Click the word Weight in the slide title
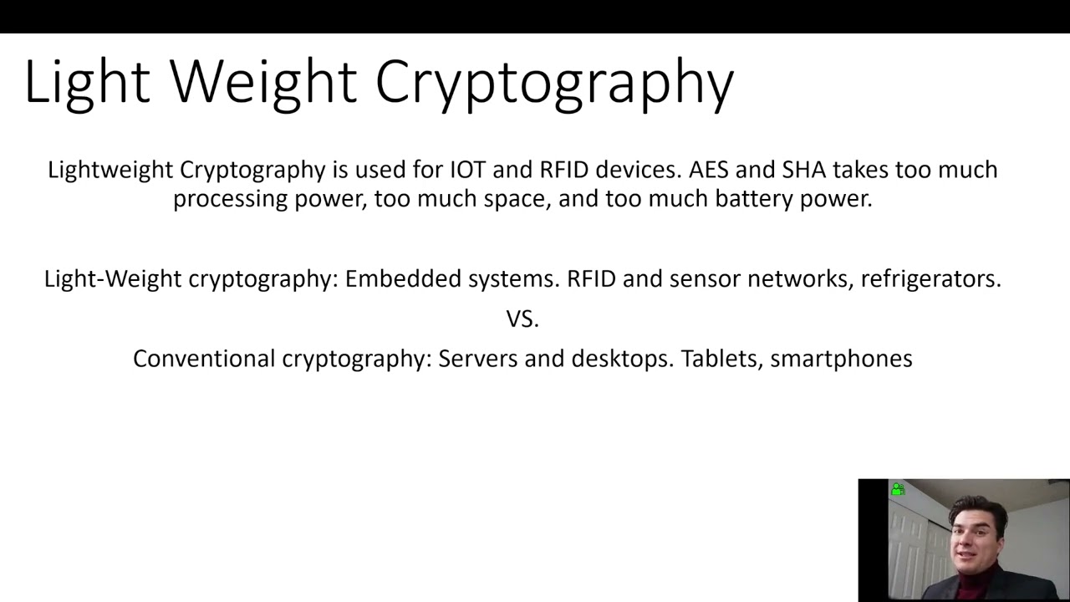pos(262,82)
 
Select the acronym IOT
pos(467,170)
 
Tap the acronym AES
pos(708,170)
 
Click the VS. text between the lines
pos(522,319)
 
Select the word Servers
pos(477,359)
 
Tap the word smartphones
pos(841,360)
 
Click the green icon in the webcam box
pos(898,489)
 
